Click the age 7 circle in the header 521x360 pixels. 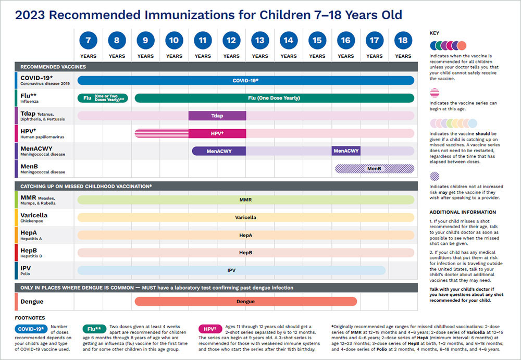(88, 40)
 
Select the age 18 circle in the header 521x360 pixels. (403, 40)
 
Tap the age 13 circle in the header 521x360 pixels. (259, 40)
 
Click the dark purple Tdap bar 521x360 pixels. (217, 116)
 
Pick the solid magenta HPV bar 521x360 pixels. (217, 133)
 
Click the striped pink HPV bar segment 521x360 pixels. (162, 133)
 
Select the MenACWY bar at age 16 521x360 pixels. (346, 151)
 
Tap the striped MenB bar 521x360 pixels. (374, 169)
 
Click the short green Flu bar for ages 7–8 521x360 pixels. (103, 98)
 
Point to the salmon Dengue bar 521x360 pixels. (245, 301)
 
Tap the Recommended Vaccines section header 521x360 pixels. (53, 67)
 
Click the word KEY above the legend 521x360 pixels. (434, 33)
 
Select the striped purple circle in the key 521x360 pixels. (435, 176)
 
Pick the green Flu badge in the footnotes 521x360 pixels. (94, 329)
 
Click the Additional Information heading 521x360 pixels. (463, 212)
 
